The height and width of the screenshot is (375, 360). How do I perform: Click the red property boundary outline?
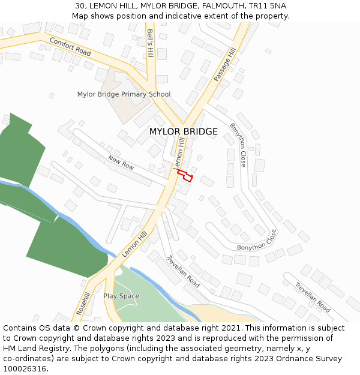click(x=185, y=176)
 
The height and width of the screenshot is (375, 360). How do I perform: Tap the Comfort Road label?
click(x=70, y=47)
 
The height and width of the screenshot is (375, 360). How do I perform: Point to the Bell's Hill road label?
click(x=150, y=43)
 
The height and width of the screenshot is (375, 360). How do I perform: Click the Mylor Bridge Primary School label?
click(x=124, y=94)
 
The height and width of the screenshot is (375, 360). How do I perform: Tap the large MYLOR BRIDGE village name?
click(x=183, y=131)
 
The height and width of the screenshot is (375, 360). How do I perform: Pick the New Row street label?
click(x=121, y=162)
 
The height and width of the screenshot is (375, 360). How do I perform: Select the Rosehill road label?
click(x=83, y=304)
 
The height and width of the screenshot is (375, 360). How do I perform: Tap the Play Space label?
click(x=121, y=296)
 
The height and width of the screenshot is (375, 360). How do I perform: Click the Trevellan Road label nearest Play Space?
click(x=183, y=271)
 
